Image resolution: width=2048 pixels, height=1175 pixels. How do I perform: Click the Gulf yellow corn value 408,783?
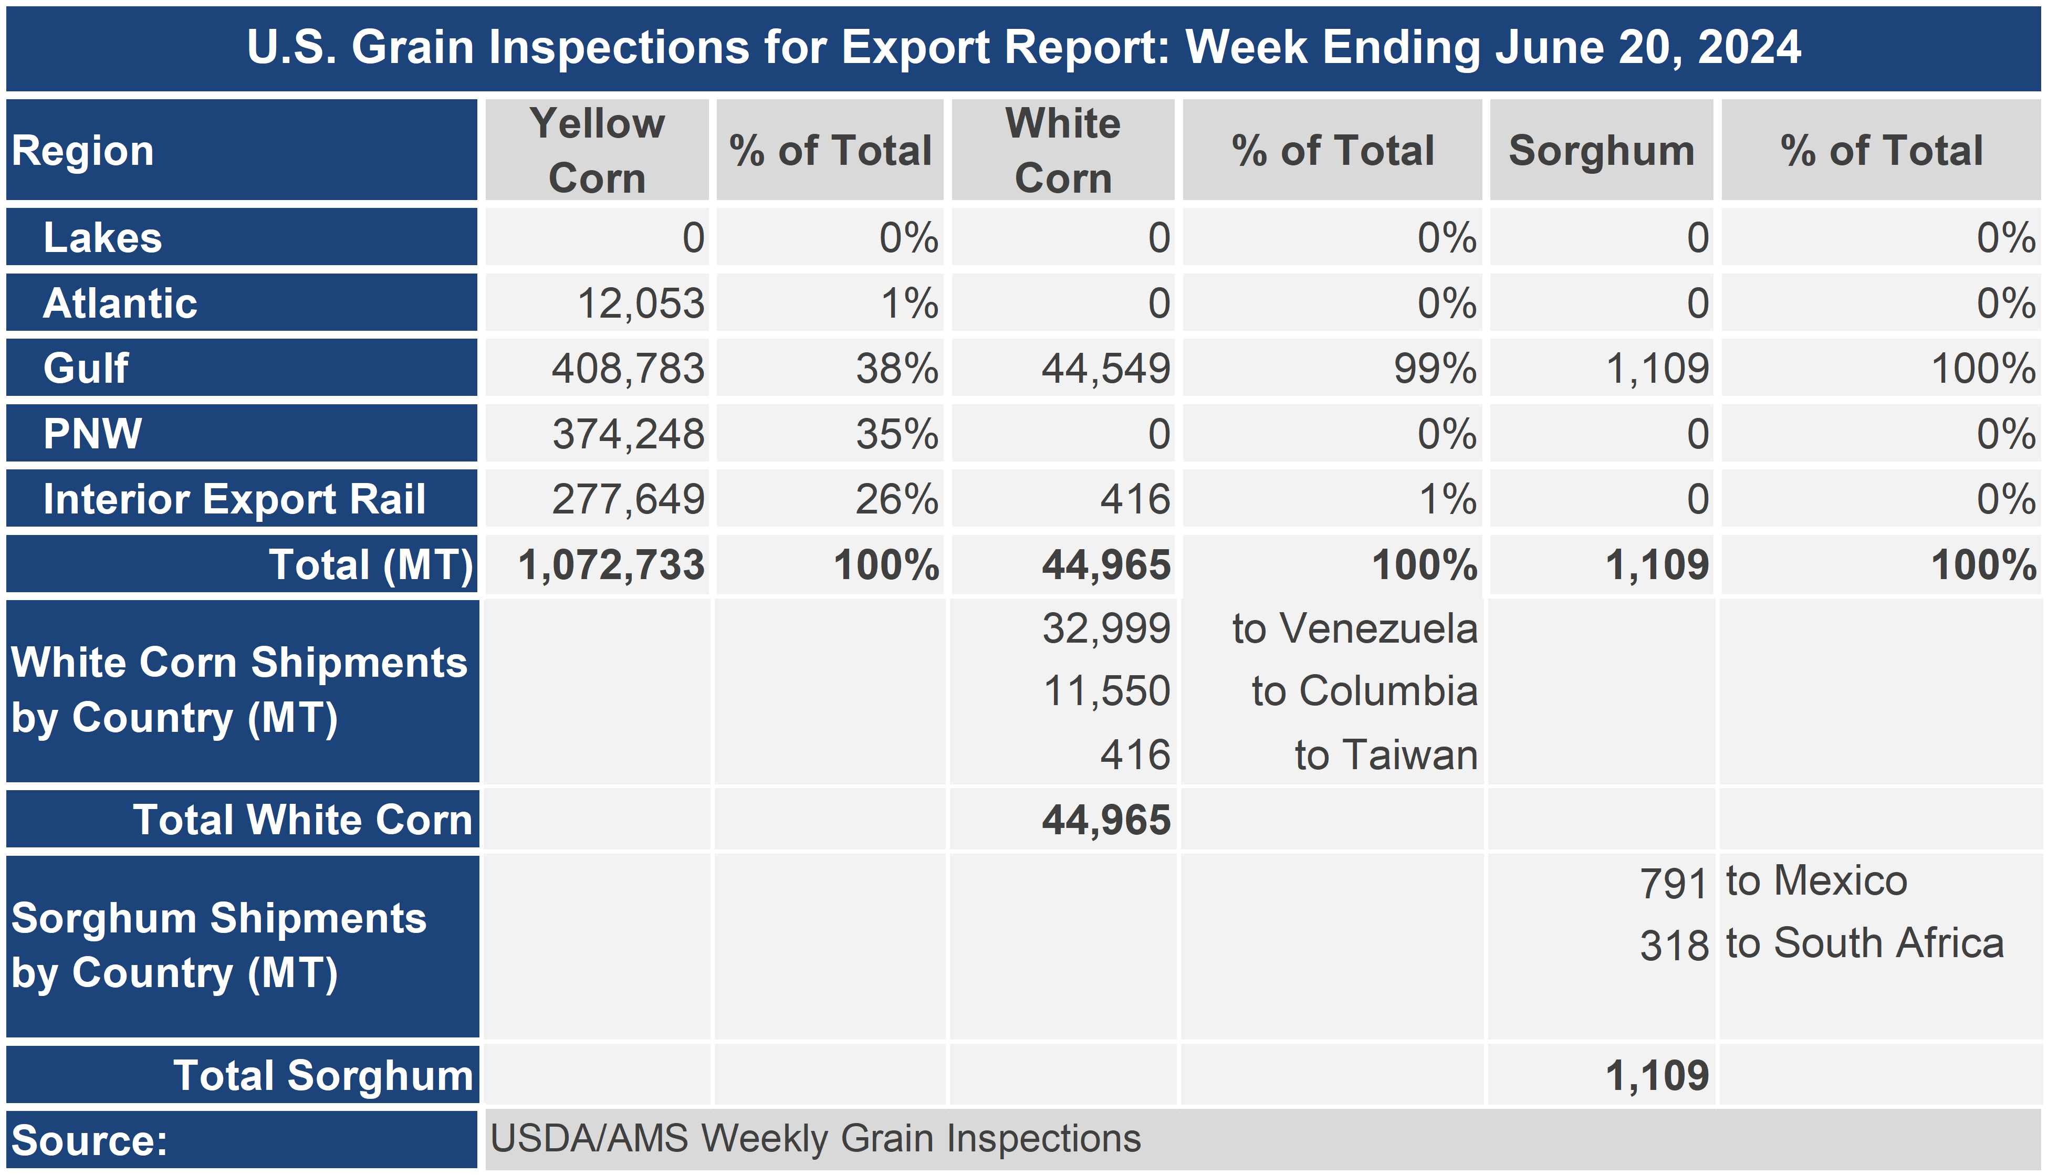click(x=628, y=369)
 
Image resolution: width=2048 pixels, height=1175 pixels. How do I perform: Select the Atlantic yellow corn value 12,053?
click(x=641, y=303)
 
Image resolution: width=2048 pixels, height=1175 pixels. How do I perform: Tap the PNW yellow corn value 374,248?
click(x=628, y=434)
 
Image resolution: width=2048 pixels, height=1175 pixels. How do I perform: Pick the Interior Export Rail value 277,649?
click(x=628, y=499)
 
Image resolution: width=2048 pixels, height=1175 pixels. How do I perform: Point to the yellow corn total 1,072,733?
click(x=611, y=565)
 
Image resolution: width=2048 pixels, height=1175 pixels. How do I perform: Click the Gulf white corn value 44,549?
click(x=1105, y=369)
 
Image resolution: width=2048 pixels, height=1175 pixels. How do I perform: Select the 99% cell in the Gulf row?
click(x=1436, y=369)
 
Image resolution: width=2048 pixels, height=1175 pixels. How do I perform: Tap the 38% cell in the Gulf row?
click(x=897, y=369)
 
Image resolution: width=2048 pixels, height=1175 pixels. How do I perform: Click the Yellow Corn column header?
click(x=597, y=151)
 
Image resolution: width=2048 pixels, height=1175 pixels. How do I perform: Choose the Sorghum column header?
click(x=1602, y=151)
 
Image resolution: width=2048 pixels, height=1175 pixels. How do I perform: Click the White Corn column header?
click(x=1063, y=151)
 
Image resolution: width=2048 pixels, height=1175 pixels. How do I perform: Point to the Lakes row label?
click(x=102, y=238)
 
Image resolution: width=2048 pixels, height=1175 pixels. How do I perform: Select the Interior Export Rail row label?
click(x=234, y=499)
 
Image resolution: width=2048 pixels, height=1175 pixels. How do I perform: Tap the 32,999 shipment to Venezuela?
click(x=1105, y=628)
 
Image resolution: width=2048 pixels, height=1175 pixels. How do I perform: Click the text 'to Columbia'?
click(x=1364, y=691)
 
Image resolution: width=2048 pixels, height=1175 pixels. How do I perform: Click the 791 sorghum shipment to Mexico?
click(x=1674, y=884)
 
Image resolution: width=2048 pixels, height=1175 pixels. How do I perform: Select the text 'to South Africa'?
click(x=1865, y=943)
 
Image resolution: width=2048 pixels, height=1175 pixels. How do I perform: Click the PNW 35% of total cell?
click(x=897, y=434)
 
